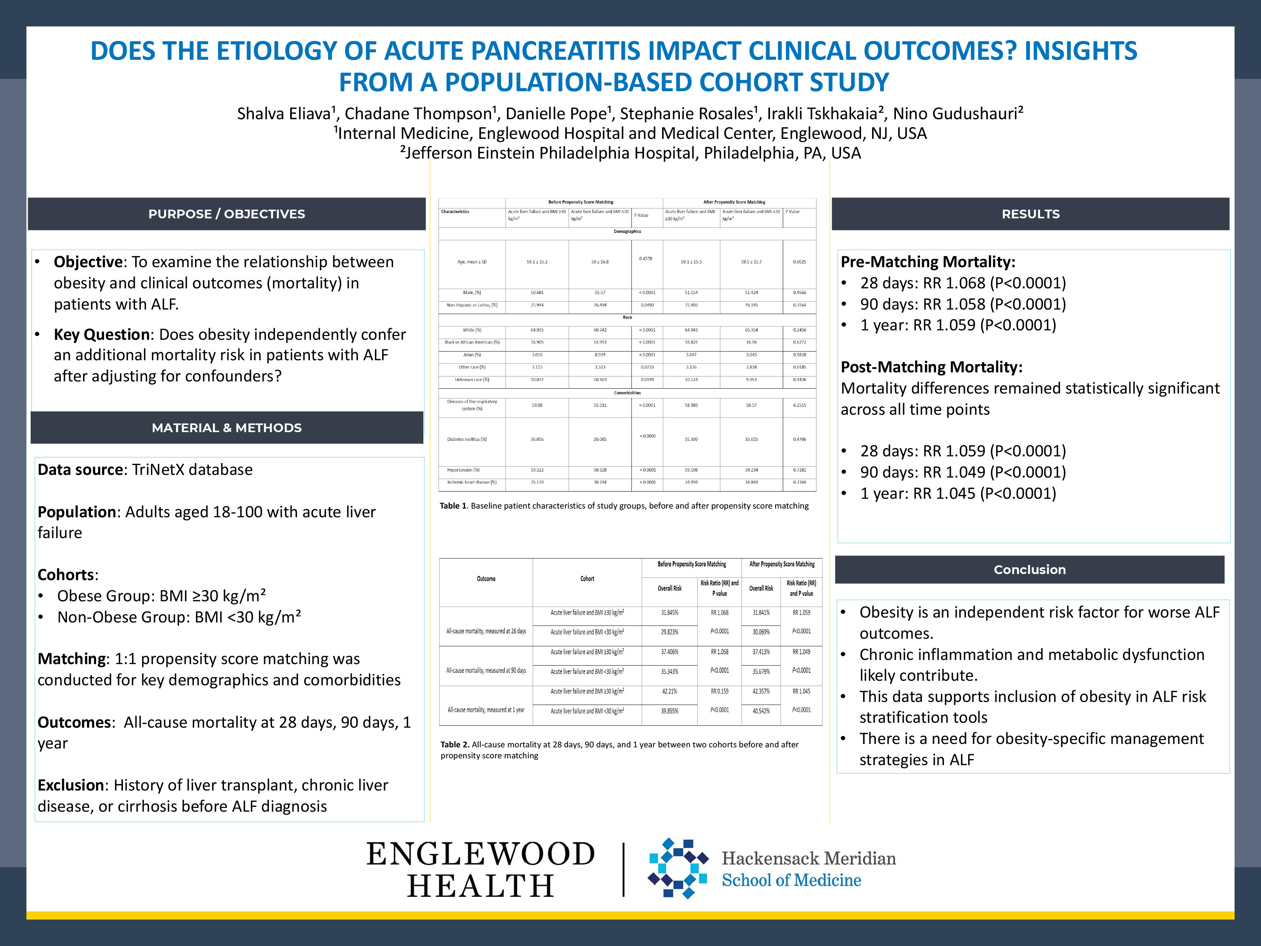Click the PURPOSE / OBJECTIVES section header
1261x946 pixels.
226,214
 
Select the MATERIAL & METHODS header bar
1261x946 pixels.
226,428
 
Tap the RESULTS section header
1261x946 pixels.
1030,214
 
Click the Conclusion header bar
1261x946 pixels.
1029,569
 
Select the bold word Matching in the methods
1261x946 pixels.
72,659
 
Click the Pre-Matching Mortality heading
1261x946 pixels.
928,262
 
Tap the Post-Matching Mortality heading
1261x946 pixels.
931,367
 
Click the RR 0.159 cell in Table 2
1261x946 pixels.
720,691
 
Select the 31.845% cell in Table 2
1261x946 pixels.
669,612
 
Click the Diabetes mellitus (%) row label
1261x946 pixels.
467,439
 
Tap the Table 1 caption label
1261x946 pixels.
453,506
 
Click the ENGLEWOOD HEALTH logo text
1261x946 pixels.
480,870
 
